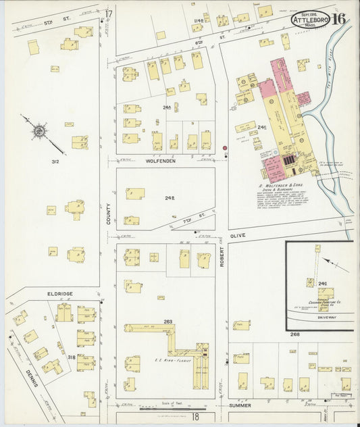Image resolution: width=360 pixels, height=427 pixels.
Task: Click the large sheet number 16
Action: coord(339,18)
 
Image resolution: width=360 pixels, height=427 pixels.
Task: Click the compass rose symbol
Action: coord(39,128)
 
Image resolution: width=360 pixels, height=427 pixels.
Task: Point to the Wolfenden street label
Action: coord(160,161)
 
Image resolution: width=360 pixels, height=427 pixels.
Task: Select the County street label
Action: coord(108,214)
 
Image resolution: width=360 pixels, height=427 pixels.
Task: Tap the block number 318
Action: coord(71,357)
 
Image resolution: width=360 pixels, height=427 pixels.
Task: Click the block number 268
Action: coord(294,334)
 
